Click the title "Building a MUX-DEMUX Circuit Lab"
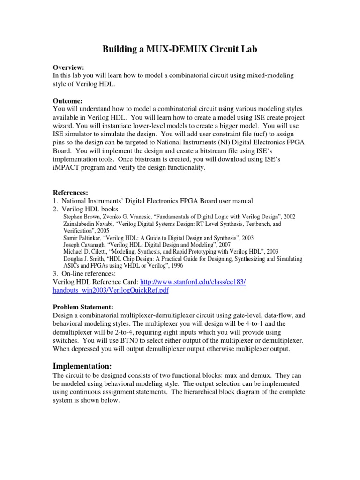tap(180, 50)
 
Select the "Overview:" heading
tap(68, 67)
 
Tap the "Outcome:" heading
tap(68, 101)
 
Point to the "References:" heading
tap(71, 192)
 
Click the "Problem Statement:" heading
tap(83, 307)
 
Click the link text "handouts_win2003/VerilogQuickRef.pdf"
tap(111, 290)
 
